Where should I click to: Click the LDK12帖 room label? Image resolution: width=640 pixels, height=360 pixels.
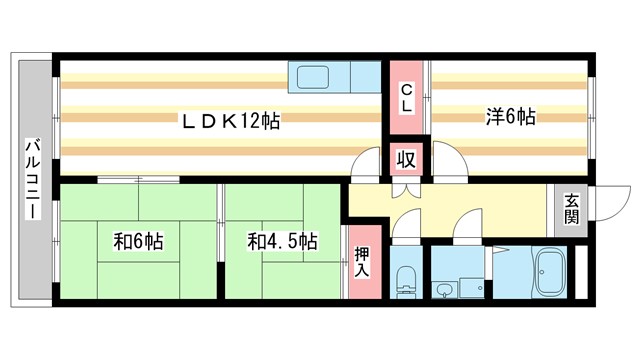pyautogui.click(x=229, y=120)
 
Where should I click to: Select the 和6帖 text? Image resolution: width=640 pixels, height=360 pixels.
pyautogui.click(x=138, y=241)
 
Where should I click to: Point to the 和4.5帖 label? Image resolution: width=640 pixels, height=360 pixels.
pyautogui.click(x=283, y=241)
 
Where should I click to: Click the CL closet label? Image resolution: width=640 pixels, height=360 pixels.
pyautogui.click(x=407, y=98)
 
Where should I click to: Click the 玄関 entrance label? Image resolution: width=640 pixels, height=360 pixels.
pyautogui.click(x=571, y=208)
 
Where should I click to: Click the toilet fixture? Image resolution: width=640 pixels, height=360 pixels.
pyautogui.click(x=406, y=279)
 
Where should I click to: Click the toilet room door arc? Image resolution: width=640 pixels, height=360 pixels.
pyautogui.click(x=406, y=229)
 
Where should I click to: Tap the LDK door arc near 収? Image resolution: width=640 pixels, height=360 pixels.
pyautogui.click(x=367, y=163)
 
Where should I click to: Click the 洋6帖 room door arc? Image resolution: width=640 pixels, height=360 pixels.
pyautogui.click(x=446, y=163)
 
